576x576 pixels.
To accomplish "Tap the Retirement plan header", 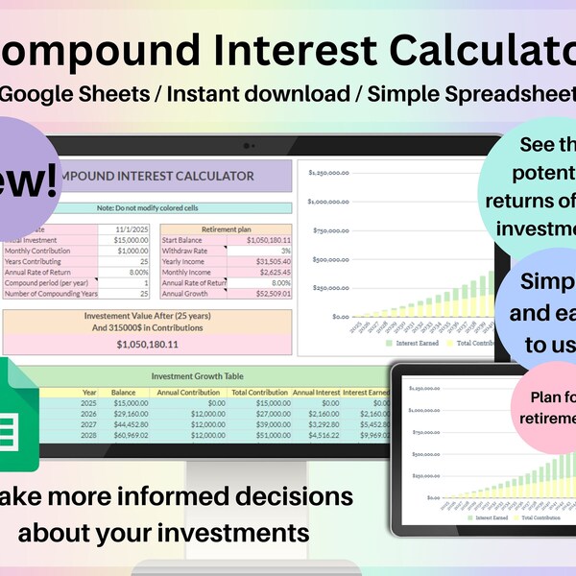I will click(x=226, y=228).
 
